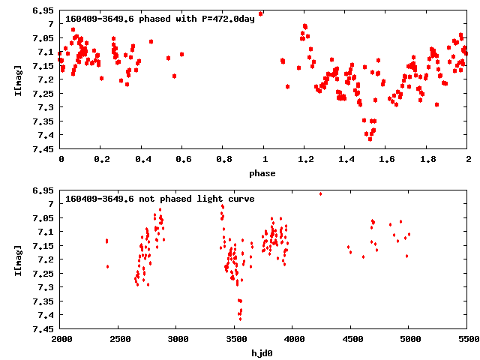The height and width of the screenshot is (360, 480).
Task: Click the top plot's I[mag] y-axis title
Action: pos(19,79)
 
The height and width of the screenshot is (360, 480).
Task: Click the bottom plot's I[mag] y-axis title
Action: pos(19,259)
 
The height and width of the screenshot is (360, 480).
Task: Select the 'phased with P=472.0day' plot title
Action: pos(160,18)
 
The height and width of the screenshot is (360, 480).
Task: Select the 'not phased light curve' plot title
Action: pos(160,199)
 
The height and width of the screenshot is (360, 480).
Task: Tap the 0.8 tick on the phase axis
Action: pos(223,160)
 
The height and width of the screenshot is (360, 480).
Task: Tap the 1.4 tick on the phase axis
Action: pos(346,160)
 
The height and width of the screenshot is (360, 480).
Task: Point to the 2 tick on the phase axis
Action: pos(468,160)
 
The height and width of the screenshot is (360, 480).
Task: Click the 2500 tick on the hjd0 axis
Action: pos(119,340)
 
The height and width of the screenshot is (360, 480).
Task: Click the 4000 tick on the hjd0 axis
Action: pos(293,340)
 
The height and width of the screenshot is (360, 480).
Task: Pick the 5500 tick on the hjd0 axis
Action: pos(467,340)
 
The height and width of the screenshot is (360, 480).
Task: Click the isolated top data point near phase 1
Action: pos(260,13)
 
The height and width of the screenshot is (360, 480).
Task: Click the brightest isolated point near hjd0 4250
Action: pos(320,193)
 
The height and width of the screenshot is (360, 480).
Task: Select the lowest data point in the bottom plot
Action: pos(240,319)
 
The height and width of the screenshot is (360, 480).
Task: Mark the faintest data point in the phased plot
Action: pos(370,139)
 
